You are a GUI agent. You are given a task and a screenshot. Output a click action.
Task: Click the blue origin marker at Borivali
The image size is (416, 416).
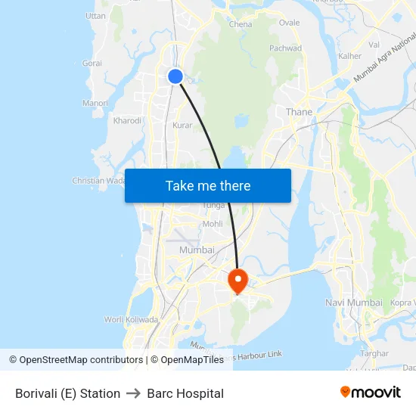coord(175,76)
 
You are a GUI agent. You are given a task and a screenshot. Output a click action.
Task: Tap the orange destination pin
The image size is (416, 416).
coord(237,281)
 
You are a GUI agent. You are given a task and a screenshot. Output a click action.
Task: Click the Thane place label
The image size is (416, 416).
coord(299,112)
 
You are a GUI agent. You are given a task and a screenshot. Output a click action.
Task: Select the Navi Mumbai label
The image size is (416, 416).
coord(353,303)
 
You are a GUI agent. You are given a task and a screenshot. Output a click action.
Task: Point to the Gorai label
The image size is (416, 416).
coord(92,64)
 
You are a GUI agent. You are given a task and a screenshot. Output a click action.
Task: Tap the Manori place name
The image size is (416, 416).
coord(95,103)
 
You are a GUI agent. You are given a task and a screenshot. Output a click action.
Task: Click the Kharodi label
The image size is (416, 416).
coord(127,120)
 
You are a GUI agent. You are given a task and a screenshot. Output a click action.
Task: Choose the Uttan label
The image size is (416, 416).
coord(96,16)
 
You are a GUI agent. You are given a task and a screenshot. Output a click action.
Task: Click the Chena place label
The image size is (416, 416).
coord(241,24)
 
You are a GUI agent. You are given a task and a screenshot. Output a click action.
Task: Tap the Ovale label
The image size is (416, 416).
coord(289,23)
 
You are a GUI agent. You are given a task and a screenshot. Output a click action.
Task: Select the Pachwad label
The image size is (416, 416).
coord(286,48)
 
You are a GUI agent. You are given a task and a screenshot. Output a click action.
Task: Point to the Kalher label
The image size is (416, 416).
coord(350,56)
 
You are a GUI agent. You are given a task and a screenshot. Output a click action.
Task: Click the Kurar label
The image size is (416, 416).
coord(182,126)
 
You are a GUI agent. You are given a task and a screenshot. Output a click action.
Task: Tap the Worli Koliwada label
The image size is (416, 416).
coord(125,319)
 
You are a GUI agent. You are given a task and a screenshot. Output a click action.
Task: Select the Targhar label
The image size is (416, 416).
coord(374,353)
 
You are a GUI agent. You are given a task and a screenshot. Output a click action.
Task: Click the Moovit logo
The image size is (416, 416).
coord(370,393)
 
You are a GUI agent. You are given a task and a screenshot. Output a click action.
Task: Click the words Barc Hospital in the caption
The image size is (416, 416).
coord(185,393)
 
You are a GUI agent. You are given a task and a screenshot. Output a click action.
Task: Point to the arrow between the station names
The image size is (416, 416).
coord(134,393)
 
